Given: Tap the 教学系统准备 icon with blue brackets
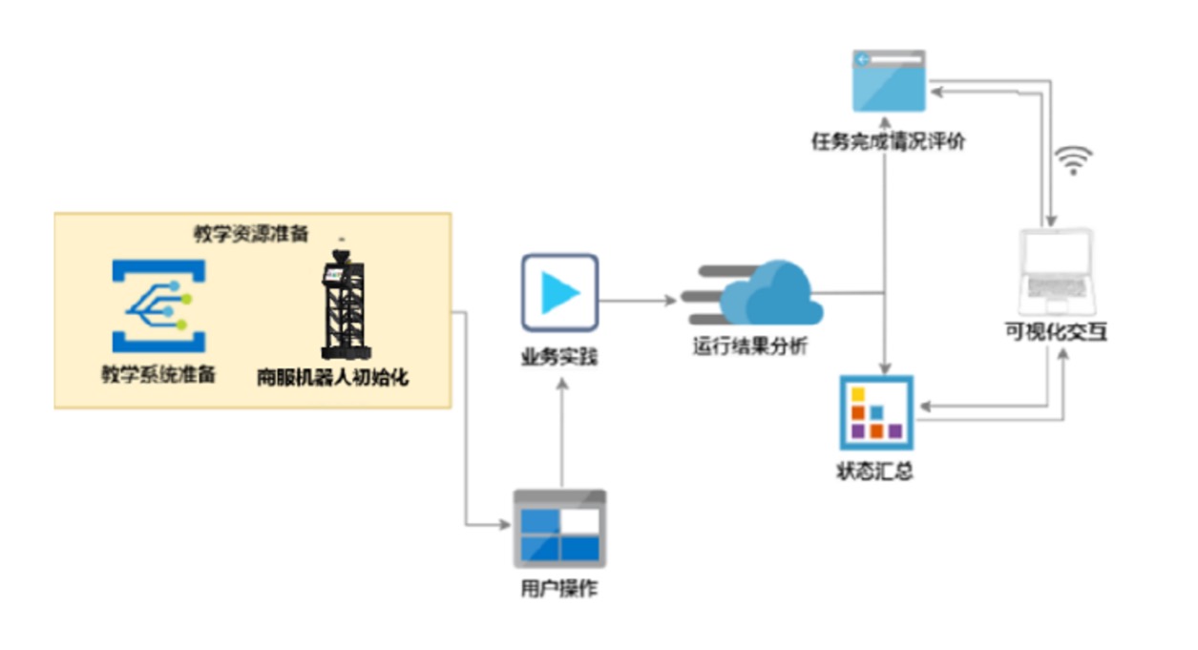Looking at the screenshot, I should (x=158, y=305).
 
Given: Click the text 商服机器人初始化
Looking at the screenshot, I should (x=332, y=377).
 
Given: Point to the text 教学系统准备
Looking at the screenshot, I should (x=158, y=374).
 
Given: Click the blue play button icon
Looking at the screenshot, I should (x=559, y=292).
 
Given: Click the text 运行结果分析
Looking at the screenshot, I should (x=750, y=346).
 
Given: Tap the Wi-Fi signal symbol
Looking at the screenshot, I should (x=1075, y=160).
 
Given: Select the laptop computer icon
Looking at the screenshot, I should (x=1056, y=270).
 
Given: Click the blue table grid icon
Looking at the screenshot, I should (x=559, y=529).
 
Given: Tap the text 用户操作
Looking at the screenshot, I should (x=559, y=589).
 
